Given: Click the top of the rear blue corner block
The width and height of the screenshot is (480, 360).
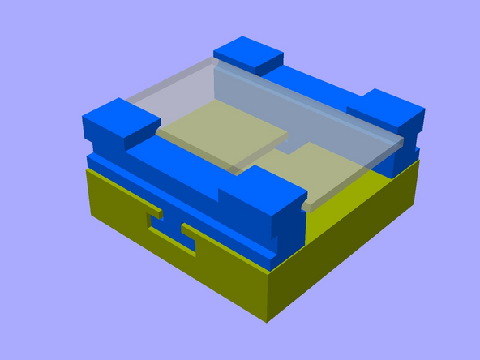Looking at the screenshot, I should click(249, 53).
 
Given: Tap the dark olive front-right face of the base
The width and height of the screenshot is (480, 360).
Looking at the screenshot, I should click(349, 243).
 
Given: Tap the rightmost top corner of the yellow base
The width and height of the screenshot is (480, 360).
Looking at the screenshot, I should click(420, 159).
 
